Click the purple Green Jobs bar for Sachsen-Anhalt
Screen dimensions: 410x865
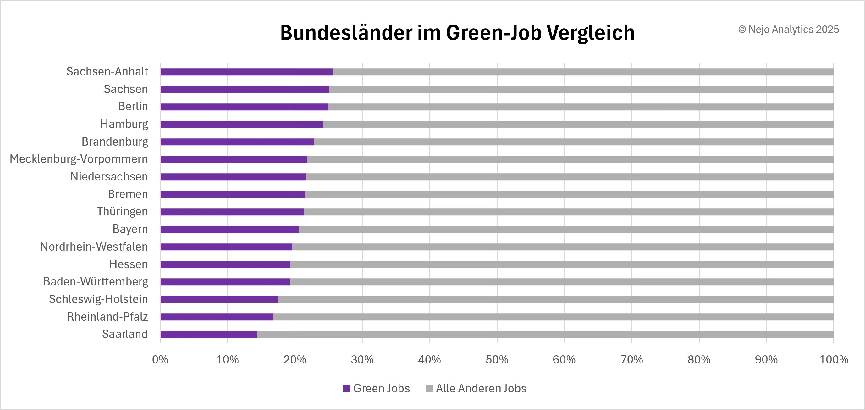246,72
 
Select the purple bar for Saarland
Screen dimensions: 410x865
208,335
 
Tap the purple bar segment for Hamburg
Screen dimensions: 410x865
241,125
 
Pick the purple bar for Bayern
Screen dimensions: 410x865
229,229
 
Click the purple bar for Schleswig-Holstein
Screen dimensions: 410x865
219,300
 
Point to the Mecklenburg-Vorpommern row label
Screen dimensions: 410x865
79,159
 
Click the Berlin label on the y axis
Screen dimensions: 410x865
133,107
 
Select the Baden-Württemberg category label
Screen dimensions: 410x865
96,281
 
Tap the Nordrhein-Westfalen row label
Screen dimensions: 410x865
94,247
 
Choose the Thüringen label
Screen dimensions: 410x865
122,212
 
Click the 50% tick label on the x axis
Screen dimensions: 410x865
497,360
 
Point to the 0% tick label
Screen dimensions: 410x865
160,360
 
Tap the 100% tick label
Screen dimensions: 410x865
834,360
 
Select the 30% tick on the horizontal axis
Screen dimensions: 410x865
362,360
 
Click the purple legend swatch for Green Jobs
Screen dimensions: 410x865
347,389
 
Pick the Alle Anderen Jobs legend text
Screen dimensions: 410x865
481,389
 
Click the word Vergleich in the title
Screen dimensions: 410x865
590,33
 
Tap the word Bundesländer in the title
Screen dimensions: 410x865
346,33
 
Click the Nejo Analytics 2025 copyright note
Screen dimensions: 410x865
788,30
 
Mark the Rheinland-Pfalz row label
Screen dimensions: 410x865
107,317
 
